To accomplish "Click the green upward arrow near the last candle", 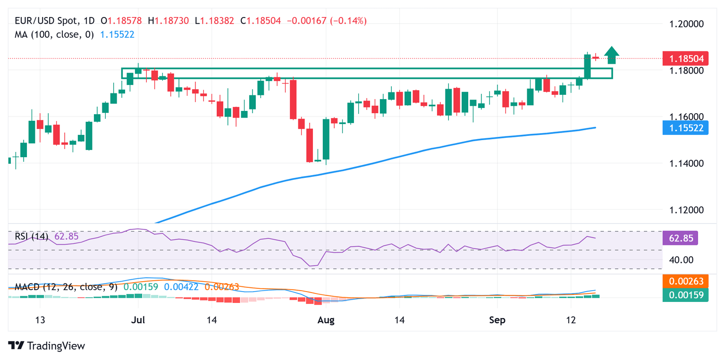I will (612, 55).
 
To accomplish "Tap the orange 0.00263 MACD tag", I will (685, 282).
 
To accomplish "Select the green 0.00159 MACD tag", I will (685, 295).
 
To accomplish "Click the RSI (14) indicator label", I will (31, 236).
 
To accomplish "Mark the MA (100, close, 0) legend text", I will (54, 34).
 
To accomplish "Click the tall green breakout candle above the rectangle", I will (588, 66).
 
